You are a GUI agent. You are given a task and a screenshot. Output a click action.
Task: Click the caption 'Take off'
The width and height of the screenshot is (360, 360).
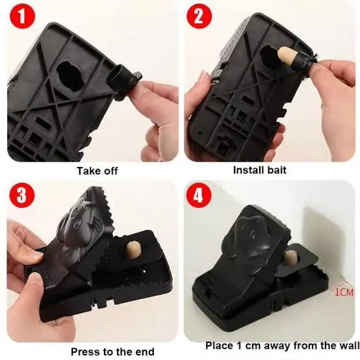click(x=98, y=172)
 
